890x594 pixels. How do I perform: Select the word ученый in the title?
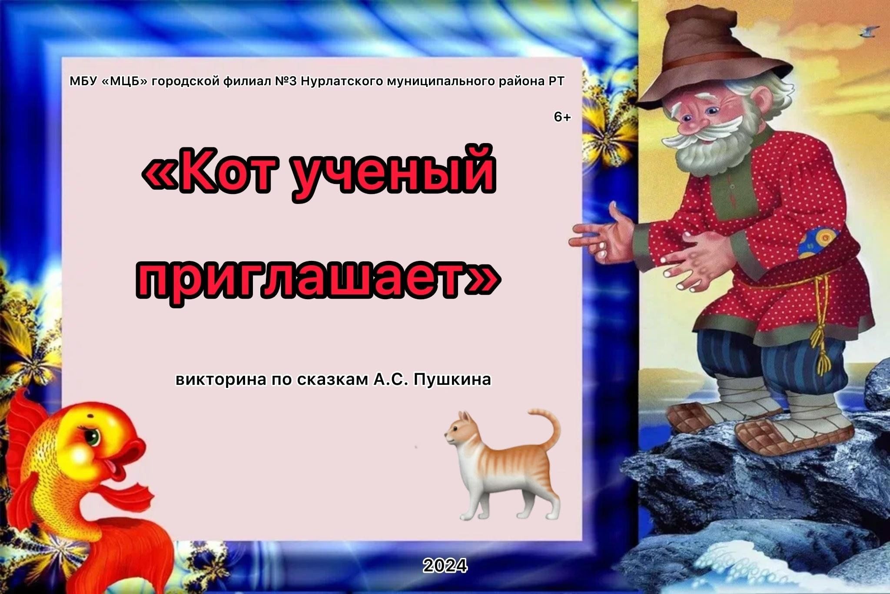[x=394, y=174]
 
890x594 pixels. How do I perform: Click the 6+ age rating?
[x=562, y=117]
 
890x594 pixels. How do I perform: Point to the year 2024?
[x=445, y=565]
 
